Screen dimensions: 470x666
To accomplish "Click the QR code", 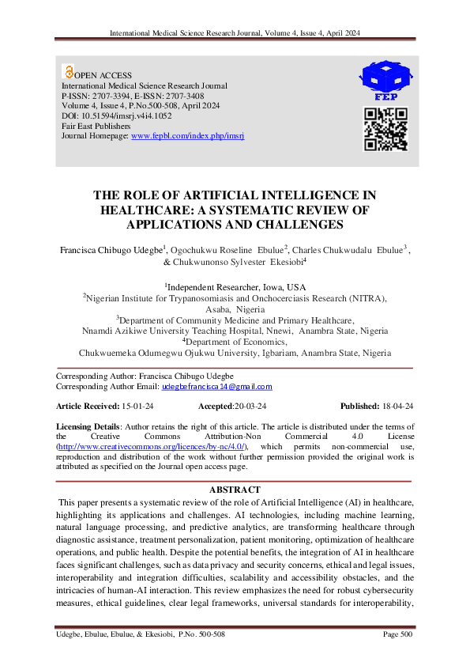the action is pos(385,130).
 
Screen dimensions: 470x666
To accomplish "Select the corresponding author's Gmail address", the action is pos(216,387).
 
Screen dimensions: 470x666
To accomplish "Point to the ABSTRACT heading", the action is pos(235,490).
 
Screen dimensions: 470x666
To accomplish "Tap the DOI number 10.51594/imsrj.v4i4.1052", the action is pos(118,115).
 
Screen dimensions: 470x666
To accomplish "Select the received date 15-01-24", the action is pos(132,406).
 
